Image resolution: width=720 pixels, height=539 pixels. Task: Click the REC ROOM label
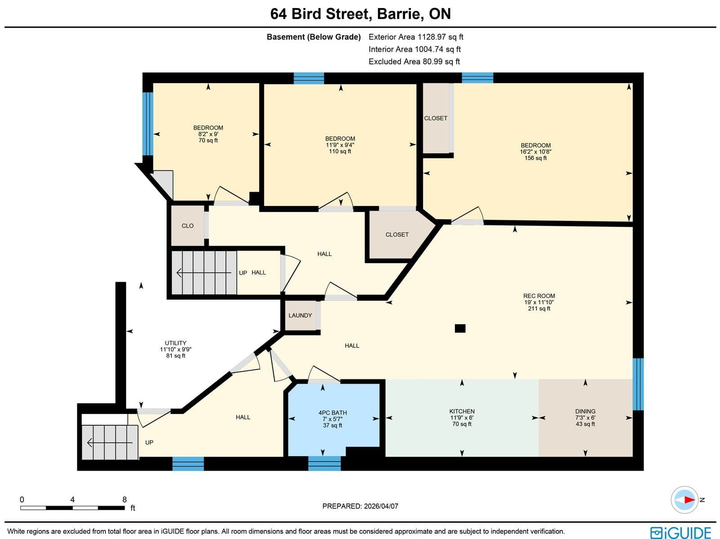point(539,296)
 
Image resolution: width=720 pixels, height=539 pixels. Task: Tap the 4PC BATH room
point(333,418)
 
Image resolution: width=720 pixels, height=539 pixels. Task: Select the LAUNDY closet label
point(300,315)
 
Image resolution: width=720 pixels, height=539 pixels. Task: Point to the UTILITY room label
point(175,343)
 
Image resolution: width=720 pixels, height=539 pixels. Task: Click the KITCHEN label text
point(462,411)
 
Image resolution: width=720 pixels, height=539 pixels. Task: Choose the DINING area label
point(585,411)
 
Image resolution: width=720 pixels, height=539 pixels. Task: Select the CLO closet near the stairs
point(188,226)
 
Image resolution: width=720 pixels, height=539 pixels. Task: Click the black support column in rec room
point(460,328)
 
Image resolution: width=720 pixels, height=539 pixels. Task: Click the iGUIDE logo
point(680,532)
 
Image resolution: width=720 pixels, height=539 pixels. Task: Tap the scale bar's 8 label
point(125,499)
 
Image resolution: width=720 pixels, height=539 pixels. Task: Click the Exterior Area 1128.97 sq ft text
point(416,37)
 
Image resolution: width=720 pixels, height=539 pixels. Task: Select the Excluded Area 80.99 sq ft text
point(414,62)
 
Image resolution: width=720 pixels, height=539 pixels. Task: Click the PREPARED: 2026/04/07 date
point(360,506)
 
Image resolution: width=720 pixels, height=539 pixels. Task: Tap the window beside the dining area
point(638,384)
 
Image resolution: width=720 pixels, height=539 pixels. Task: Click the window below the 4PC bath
point(324,463)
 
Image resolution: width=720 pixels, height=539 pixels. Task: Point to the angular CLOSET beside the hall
point(397,235)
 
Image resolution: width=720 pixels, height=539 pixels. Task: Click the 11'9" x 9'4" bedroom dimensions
point(340,145)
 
